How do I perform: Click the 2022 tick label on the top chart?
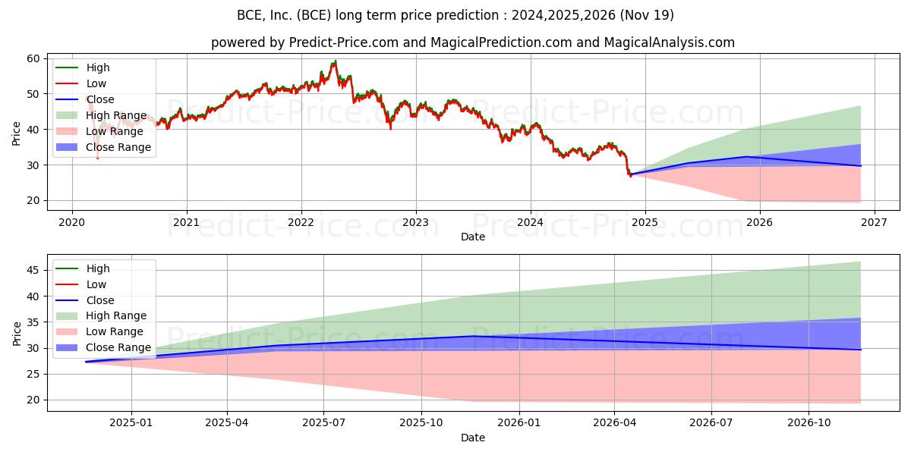pyautogui.click(x=301, y=222)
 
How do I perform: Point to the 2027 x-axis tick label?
pyautogui.click(x=874, y=222)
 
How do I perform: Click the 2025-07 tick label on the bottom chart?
pyautogui.click(x=323, y=423)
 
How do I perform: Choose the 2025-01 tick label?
pyautogui.click(x=131, y=423)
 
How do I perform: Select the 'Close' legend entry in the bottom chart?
pyautogui.click(x=100, y=300)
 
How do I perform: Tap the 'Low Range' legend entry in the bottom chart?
pyautogui.click(x=114, y=332)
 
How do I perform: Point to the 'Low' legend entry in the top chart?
pyautogui.click(x=96, y=83)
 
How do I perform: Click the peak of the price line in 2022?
pyautogui.click(x=335, y=61)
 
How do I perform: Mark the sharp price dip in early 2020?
pyautogui.click(x=97, y=158)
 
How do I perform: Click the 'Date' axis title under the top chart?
pyautogui.click(x=473, y=237)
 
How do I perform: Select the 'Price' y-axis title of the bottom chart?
pyautogui.click(x=17, y=333)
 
